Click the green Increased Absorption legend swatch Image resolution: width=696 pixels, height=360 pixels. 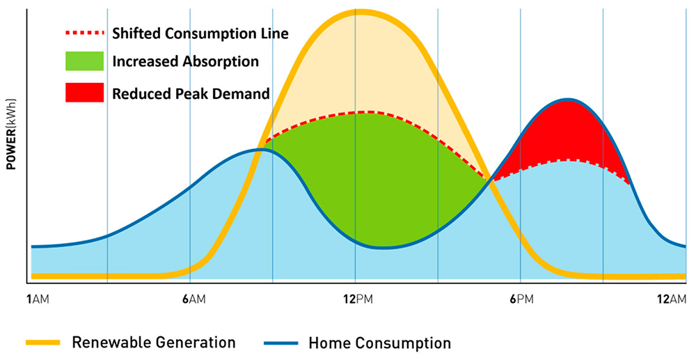coord(84,61)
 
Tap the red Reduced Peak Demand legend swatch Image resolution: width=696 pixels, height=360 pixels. coord(84,93)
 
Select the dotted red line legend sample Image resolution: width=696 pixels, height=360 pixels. coord(84,33)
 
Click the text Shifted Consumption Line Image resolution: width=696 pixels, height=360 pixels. coord(200,33)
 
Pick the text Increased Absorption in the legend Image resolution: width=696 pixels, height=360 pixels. coord(185,61)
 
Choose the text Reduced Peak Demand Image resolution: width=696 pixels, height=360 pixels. coord(191,93)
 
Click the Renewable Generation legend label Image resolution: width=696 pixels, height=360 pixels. coord(154,342)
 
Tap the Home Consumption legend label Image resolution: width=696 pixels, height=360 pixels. coord(379,342)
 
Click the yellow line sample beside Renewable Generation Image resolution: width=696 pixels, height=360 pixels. coord(45,342)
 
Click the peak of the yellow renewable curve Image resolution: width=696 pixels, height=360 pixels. coord(356,12)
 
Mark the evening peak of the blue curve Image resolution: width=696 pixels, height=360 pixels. coord(569,100)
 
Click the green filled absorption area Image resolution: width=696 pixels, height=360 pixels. coord(369,174)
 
